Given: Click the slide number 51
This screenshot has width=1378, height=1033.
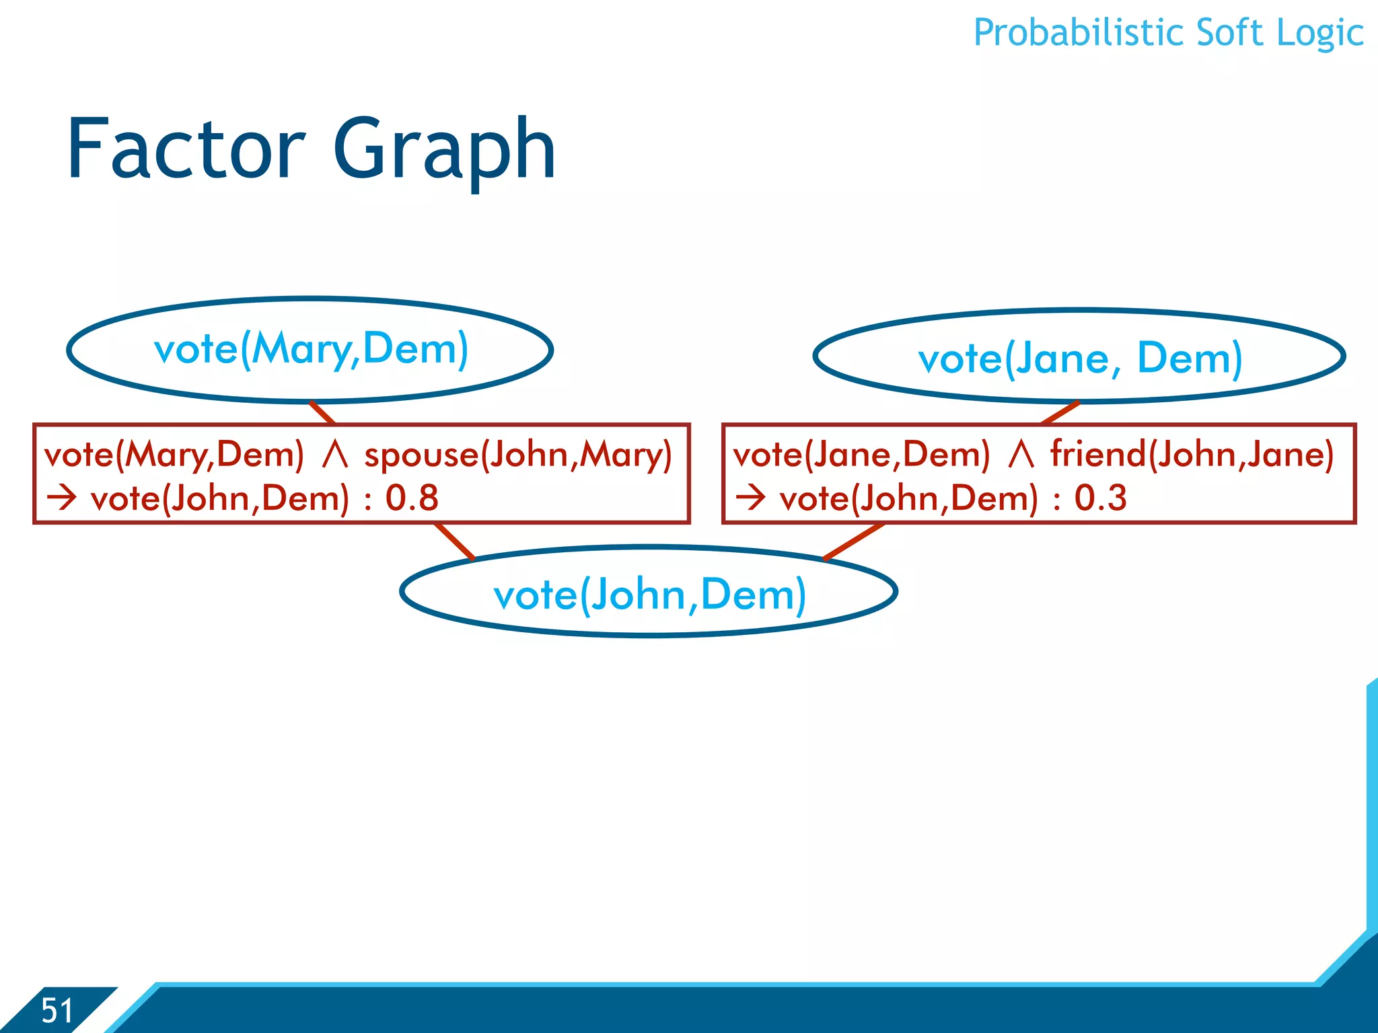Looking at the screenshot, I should (57, 1010).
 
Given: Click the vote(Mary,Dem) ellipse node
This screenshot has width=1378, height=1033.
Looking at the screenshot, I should (310, 350).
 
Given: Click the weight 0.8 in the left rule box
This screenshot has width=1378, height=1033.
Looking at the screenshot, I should (412, 498).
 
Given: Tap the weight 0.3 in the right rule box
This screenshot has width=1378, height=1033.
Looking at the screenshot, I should (1100, 498).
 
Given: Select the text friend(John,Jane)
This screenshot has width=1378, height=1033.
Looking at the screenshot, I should (1192, 455).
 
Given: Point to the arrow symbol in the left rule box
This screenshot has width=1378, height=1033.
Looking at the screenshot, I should (62, 498).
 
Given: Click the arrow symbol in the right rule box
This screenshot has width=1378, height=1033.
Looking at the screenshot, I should (751, 498).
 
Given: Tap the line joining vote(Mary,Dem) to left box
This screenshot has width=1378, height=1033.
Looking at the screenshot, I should (323, 413).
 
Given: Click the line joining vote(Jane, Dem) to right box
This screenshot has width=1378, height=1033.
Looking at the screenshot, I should (1060, 413).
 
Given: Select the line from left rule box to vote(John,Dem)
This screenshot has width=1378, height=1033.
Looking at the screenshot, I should (456, 541).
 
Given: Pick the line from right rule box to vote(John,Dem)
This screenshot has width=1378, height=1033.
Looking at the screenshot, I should (853, 541).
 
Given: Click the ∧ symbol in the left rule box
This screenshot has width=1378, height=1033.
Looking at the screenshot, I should (334, 455).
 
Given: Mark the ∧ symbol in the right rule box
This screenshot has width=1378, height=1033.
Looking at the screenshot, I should (1021, 455).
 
